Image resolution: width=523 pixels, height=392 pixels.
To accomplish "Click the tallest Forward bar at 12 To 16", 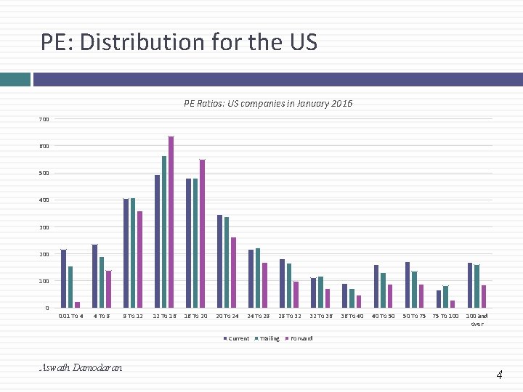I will (171, 222).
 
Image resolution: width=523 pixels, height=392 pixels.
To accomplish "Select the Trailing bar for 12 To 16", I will (164, 232).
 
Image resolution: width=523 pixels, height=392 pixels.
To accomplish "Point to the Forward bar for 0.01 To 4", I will (77, 305).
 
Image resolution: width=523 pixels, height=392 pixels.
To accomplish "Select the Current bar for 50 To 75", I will (408, 285).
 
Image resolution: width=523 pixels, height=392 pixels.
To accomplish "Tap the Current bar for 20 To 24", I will (219, 261).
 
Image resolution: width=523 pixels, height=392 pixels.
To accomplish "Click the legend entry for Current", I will (238, 338).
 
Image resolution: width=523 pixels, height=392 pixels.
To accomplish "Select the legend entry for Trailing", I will (268, 338).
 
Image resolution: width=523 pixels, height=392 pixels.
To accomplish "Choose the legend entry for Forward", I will (300, 338).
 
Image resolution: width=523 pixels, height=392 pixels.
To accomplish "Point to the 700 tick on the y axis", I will (44, 119).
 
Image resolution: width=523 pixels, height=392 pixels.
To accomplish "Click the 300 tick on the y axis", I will (44, 227).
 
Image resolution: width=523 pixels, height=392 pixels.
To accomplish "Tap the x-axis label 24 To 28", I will (258, 317).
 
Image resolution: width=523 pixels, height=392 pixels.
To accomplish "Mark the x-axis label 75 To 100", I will (445, 317).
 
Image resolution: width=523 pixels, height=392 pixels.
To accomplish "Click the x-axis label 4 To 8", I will (102, 317).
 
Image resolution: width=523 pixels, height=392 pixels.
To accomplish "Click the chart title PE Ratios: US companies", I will (268, 104).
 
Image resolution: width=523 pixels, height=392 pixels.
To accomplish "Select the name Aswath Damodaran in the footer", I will (81, 368).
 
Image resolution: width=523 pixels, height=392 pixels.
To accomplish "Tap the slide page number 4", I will (499, 375).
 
